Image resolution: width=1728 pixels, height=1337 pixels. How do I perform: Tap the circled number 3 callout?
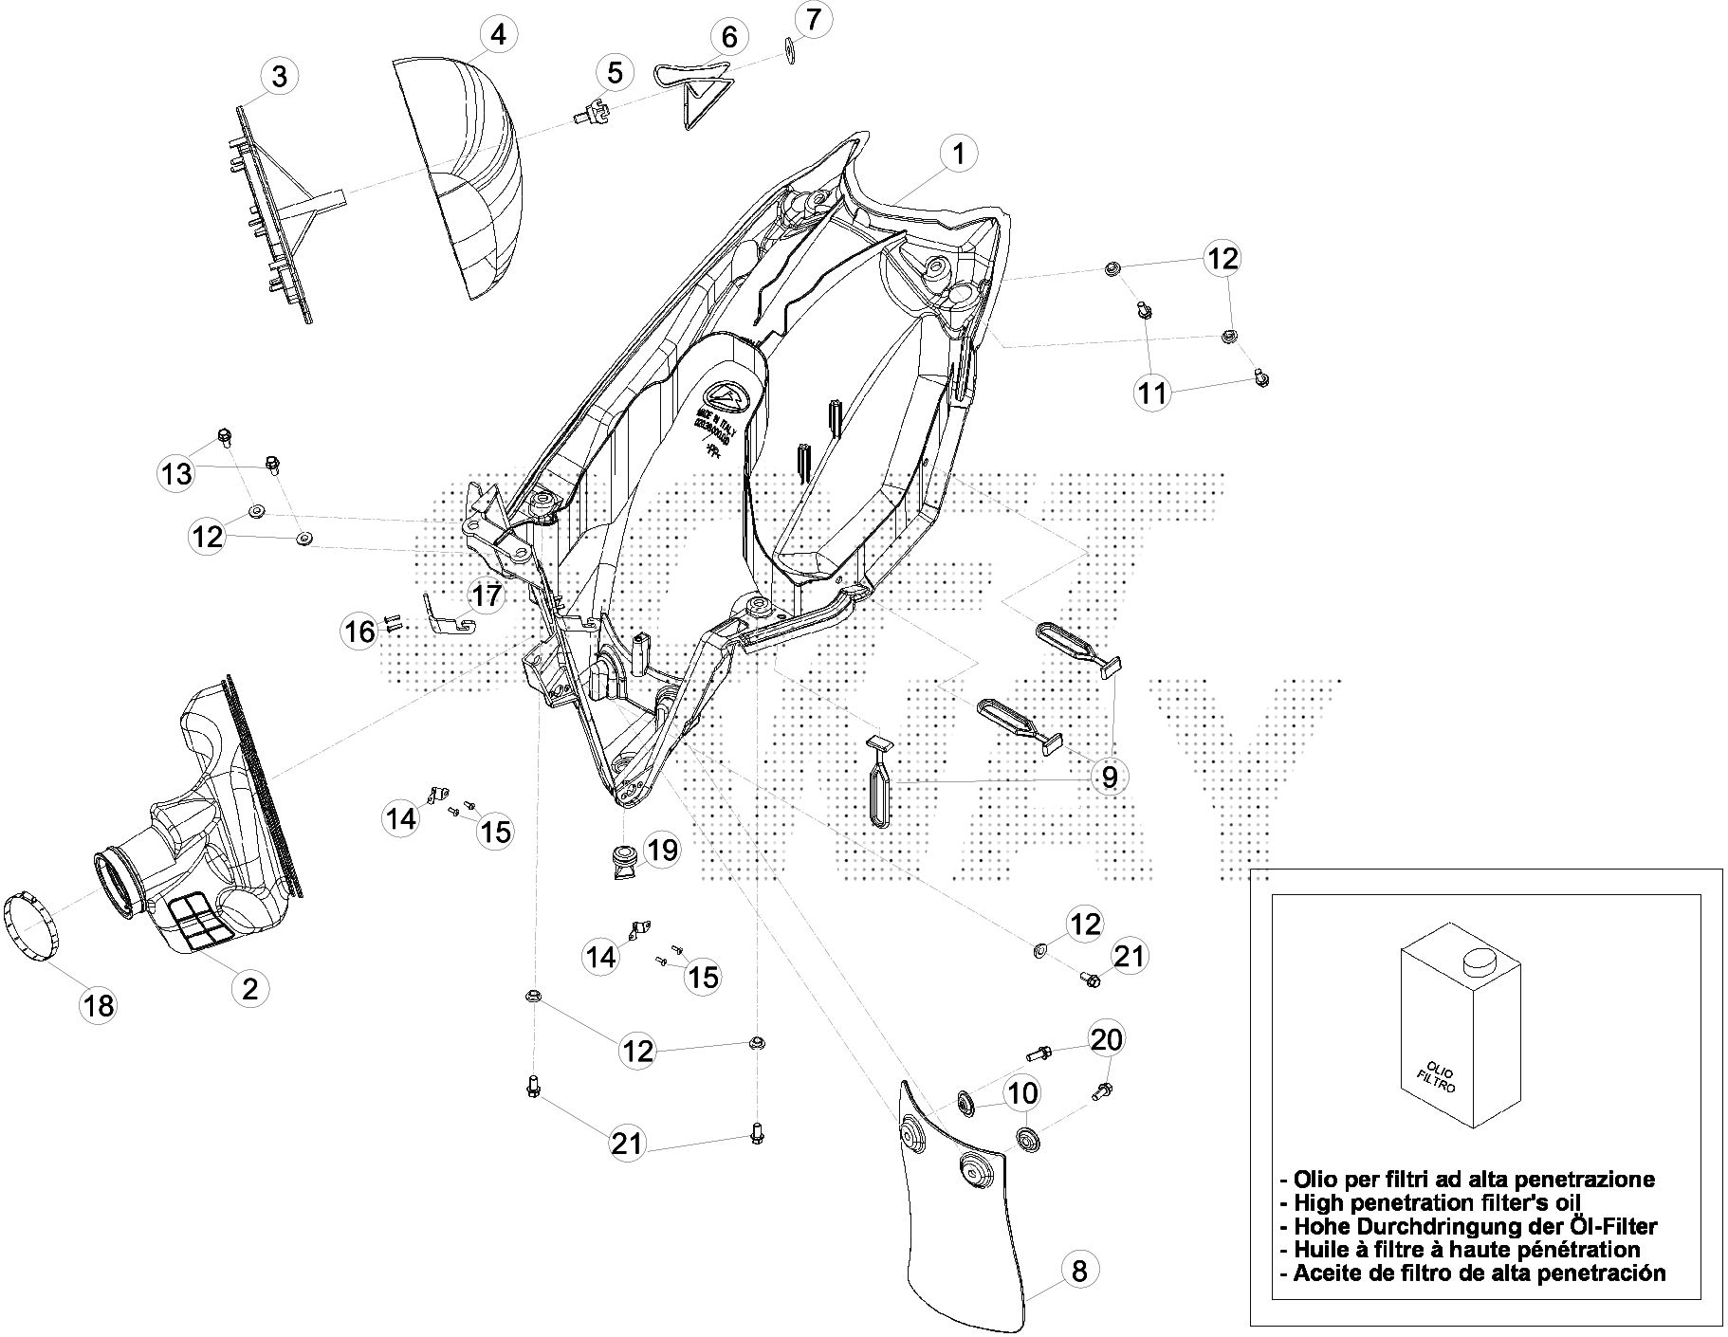(278, 76)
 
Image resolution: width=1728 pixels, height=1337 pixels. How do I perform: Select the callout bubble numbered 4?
(498, 35)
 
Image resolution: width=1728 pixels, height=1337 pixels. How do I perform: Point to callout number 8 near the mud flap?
(1078, 1270)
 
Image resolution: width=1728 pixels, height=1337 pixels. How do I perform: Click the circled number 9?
(1109, 778)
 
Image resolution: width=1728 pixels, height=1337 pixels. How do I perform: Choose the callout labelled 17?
(487, 596)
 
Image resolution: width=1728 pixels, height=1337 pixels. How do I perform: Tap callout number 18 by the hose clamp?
(99, 1005)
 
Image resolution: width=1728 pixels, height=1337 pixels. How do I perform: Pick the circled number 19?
(662, 851)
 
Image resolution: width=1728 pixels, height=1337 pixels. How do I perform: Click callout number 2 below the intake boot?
(249, 989)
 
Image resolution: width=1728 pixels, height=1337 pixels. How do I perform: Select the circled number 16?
(359, 631)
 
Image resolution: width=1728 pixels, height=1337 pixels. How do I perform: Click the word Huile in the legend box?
(1320, 1250)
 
